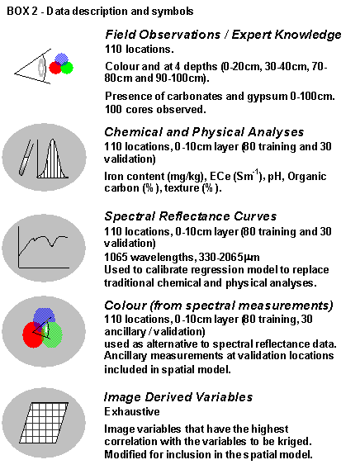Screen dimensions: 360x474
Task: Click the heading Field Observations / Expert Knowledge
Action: pyautogui.click(x=223, y=35)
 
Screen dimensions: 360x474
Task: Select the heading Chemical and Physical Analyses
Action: pyautogui.click(x=204, y=132)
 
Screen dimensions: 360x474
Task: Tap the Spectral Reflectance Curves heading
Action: pyautogui.click(x=191, y=216)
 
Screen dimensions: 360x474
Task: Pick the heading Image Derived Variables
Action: pyautogui.click(x=178, y=397)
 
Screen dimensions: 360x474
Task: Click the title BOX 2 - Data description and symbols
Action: pyautogui.click(x=100, y=12)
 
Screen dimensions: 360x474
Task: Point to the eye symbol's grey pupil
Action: pyautogui.click(x=41, y=68)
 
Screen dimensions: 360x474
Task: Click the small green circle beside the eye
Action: pyautogui.click(x=67, y=68)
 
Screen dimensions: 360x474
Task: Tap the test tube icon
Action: pyautogui.click(x=26, y=158)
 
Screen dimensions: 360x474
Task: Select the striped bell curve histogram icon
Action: pyautogui.click(x=52, y=159)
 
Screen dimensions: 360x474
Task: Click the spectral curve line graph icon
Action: pyautogui.click(x=43, y=247)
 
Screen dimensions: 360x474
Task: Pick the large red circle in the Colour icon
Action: pyautogui.click(x=33, y=334)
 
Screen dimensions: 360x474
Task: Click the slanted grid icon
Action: pyautogui.click(x=44, y=423)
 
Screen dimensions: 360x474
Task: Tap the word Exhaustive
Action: pyautogui.click(x=132, y=412)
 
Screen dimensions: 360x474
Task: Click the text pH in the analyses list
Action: pyautogui.click(x=275, y=177)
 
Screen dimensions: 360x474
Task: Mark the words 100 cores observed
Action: pyautogui.click(x=155, y=110)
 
